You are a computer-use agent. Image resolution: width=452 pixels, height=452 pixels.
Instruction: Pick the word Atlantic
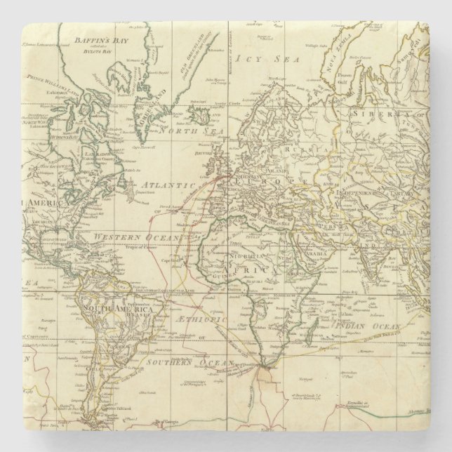pos(167,184)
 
